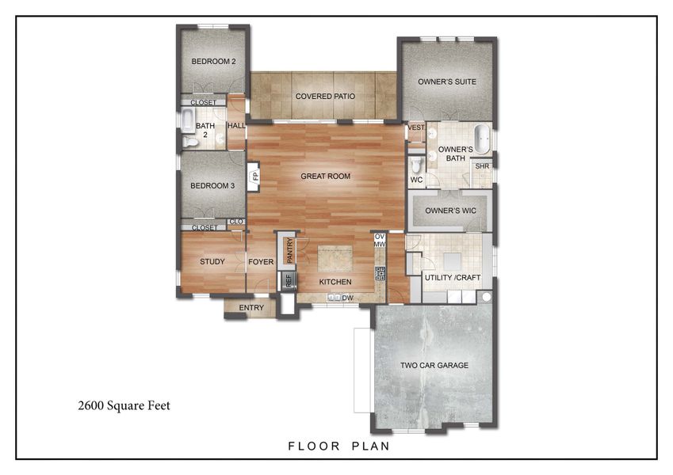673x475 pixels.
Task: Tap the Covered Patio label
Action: click(324, 97)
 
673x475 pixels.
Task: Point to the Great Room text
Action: click(325, 177)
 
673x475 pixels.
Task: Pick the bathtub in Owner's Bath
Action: click(480, 135)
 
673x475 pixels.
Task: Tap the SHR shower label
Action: click(482, 166)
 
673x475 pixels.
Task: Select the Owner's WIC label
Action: click(449, 211)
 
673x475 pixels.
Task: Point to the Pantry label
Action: click(290, 249)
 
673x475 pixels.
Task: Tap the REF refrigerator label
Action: click(289, 279)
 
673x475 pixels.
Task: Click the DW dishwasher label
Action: click(347, 298)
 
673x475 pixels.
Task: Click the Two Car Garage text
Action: click(434, 366)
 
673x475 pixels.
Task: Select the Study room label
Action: click(212, 262)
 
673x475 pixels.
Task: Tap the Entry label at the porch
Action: click(251, 308)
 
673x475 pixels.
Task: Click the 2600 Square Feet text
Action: click(124, 406)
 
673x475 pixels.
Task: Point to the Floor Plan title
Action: click(338, 446)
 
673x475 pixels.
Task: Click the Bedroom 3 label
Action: click(212, 187)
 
